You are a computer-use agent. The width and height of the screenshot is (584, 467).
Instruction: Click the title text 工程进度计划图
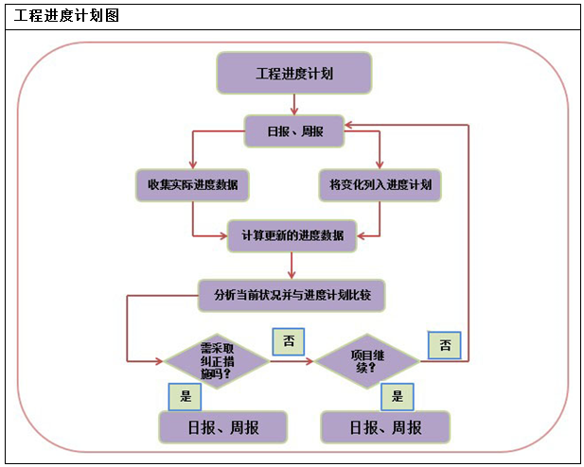[66, 16]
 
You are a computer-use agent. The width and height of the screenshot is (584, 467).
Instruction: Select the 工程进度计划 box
[294, 73]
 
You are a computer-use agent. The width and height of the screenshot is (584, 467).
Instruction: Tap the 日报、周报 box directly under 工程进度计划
[294, 131]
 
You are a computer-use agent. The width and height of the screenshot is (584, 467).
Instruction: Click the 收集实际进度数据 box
[192, 184]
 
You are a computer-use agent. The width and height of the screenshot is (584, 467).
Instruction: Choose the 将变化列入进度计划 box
[379, 184]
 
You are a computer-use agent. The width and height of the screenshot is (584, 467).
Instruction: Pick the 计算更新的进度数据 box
[292, 235]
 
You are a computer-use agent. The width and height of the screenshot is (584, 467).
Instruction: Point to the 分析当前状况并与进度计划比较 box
[292, 295]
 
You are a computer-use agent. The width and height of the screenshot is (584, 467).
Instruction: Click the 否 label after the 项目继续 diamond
[444, 345]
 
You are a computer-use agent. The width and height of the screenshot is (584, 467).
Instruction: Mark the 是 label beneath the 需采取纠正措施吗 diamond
[185, 396]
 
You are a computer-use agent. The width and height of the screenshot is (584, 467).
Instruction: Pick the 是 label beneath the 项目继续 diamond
[397, 396]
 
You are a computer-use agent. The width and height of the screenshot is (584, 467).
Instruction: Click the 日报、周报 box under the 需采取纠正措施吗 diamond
[223, 426]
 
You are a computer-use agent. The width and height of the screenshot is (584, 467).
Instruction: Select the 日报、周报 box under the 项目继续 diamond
[385, 426]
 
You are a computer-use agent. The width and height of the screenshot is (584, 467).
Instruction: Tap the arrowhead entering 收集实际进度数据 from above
[192, 164]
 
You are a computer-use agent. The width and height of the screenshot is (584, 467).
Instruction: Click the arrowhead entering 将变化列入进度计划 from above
[379, 164]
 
